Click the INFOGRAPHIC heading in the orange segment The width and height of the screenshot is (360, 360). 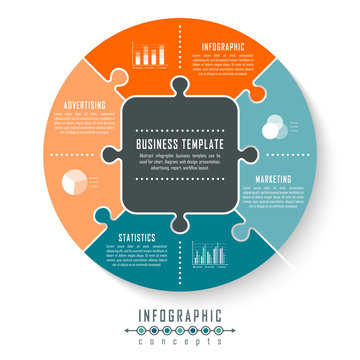point(222,46)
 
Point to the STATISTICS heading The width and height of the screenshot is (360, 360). point(137,238)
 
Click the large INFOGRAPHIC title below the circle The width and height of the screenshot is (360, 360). point(180,317)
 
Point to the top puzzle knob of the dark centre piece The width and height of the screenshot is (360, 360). point(180,87)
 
